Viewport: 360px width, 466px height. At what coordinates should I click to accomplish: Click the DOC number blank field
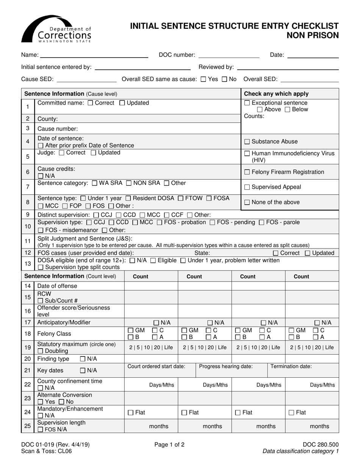(x=229, y=55)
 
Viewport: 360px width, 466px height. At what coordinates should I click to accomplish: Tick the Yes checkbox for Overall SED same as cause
(x=203, y=80)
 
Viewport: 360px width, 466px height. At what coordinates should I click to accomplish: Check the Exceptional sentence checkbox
(x=247, y=103)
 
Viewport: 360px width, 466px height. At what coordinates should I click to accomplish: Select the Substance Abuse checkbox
(x=247, y=142)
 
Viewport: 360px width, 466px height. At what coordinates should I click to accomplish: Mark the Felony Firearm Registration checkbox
(x=247, y=172)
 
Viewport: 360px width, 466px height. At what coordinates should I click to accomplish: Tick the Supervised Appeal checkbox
(x=247, y=187)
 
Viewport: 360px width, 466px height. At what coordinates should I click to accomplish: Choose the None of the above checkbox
(x=247, y=202)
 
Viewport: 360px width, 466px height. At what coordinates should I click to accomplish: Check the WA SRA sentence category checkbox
(x=95, y=183)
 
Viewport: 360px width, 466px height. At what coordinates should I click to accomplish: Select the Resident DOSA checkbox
(x=128, y=198)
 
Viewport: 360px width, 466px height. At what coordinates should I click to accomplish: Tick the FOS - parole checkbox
(x=261, y=222)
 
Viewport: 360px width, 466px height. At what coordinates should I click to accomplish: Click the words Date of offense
(x=57, y=286)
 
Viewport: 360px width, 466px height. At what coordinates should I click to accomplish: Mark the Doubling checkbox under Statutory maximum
(x=40, y=351)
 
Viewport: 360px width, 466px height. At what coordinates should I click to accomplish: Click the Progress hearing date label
(x=226, y=366)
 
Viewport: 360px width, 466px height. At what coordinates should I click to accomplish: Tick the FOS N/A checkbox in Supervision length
(x=40, y=430)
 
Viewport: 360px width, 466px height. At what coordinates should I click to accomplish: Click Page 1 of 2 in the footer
(x=169, y=445)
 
